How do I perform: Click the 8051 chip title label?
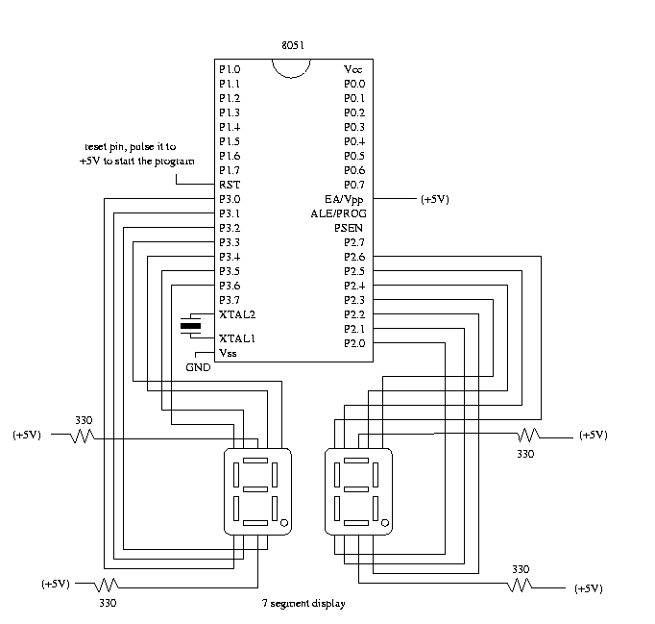click(x=294, y=46)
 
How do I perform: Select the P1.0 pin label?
click(x=230, y=70)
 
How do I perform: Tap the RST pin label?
click(x=229, y=185)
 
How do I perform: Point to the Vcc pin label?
click(x=353, y=70)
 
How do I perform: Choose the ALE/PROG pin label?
click(x=339, y=213)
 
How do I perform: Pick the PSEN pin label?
click(x=349, y=228)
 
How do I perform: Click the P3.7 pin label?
click(x=230, y=300)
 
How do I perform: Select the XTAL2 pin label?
click(x=236, y=314)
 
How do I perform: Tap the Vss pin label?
click(x=229, y=353)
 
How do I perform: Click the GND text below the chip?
click(x=198, y=368)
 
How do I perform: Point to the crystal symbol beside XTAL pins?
click(x=192, y=327)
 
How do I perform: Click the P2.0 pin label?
click(x=354, y=343)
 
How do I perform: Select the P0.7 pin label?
click(x=354, y=185)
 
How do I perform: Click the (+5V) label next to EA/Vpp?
click(x=434, y=200)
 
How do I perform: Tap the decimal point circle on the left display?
click(x=285, y=523)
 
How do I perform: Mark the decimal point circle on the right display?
click(x=386, y=523)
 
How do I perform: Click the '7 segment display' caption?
click(x=303, y=604)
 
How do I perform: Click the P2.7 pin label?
click(x=354, y=242)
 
